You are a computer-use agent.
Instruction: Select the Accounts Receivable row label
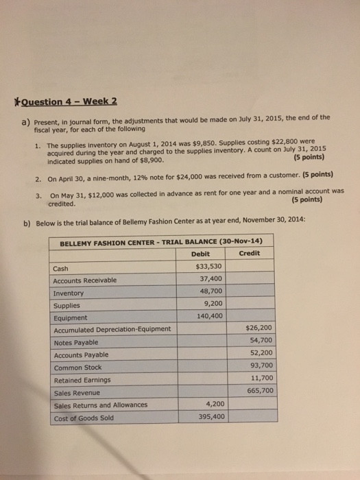pyautogui.click(x=84, y=280)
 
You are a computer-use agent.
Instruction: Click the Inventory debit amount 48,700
pyautogui.click(x=210, y=292)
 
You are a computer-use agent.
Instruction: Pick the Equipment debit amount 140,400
pyautogui.click(x=208, y=316)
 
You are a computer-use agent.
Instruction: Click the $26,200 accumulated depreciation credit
pyautogui.click(x=259, y=328)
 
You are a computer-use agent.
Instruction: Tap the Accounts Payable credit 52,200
pyautogui.click(x=261, y=353)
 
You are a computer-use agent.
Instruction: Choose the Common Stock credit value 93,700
pyautogui.click(x=261, y=365)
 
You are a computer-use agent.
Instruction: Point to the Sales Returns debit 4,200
pyautogui.click(x=213, y=404)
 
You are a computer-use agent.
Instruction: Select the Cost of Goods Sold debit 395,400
pyautogui.click(x=210, y=416)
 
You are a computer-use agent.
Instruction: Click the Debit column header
pyautogui.click(x=200, y=253)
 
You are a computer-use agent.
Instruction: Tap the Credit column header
pyautogui.click(x=248, y=253)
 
